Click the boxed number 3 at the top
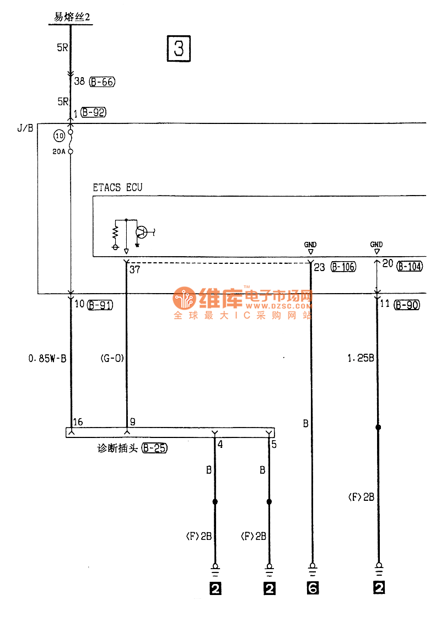179,48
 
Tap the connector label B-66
102,82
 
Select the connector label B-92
93,112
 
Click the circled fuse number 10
59,136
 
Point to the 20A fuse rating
59,152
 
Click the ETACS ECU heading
117,187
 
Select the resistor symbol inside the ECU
116,233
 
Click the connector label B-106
343,267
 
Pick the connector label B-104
410,266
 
